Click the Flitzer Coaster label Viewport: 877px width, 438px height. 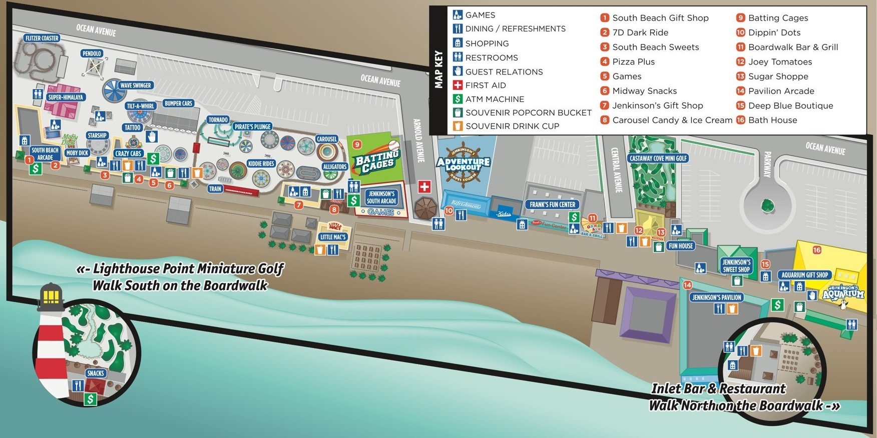click(x=42, y=38)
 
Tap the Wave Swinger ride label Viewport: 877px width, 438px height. click(x=135, y=85)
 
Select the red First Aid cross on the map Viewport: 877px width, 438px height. click(x=424, y=187)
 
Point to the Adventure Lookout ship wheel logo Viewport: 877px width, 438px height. click(x=463, y=163)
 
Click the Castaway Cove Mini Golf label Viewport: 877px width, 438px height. click(x=658, y=158)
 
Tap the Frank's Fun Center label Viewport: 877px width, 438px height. click(x=553, y=204)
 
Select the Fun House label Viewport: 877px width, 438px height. click(x=681, y=246)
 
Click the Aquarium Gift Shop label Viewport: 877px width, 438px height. click(x=805, y=275)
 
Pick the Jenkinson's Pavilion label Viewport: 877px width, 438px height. click(x=717, y=297)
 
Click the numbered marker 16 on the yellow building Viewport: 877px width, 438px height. click(x=817, y=250)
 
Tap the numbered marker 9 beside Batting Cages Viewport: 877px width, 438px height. click(x=357, y=144)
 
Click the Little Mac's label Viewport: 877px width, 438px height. click(x=333, y=237)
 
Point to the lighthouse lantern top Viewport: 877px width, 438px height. click(x=51, y=295)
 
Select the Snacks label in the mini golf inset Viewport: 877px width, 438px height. click(x=95, y=373)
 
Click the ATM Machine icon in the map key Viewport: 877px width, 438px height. click(x=458, y=99)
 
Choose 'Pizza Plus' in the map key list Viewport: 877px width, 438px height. click(x=633, y=62)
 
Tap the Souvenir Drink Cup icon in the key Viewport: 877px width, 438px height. click(x=458, y=126)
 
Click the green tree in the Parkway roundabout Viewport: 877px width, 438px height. click(x=767, y=205)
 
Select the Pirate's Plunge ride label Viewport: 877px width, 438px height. click(x=252, y=126)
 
